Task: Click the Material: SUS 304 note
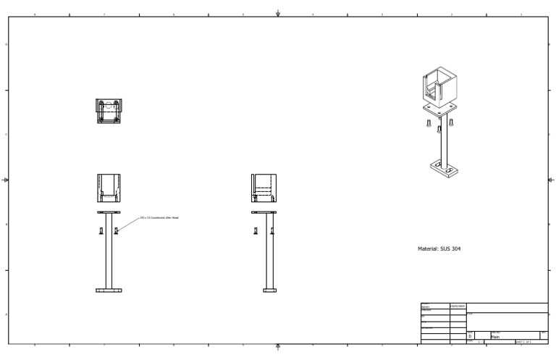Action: pos(439,248)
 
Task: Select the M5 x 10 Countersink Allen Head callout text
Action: pos(159,217)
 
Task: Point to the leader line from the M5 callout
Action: pos(128,224)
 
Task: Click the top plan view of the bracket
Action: pos(109,111)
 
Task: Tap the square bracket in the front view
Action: pos(109,188)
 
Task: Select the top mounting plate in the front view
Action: pos(109,212)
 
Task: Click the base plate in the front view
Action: pos(109,290)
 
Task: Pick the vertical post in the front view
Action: pos(109,254)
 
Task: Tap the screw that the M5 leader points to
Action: pos(116,231)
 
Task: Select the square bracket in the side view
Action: pos(264,188)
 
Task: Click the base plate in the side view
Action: pos(269,290)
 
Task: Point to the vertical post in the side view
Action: pos(269,254)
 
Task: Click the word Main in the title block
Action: pos(497,337)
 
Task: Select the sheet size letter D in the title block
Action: pos(470,337)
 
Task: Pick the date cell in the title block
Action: pos(458,306)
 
